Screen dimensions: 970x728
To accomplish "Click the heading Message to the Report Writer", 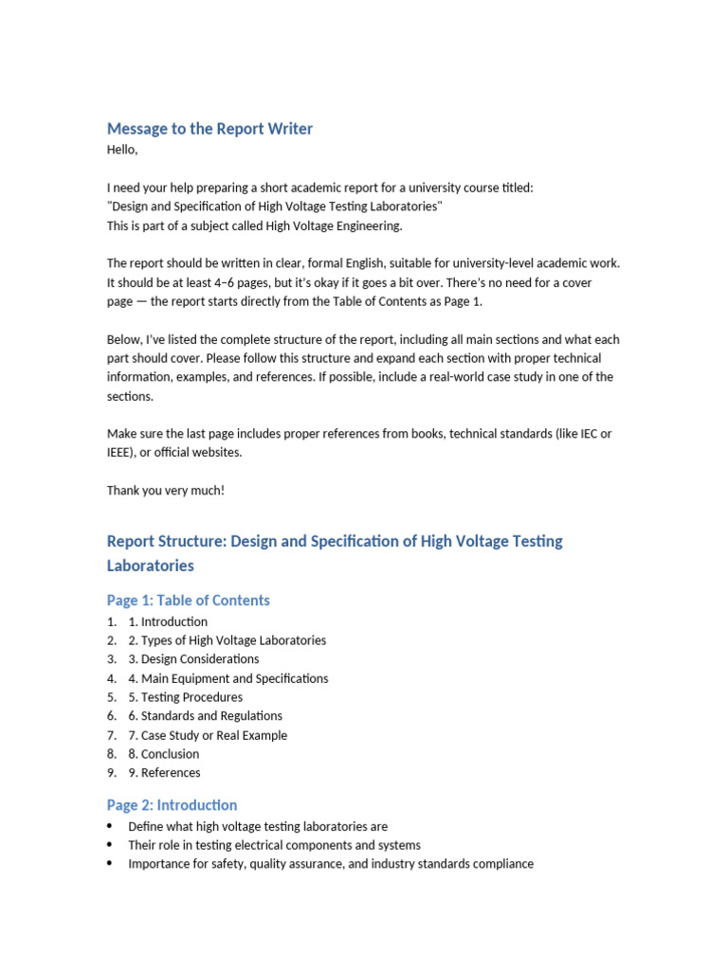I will pyautogui.click(x=209, y=129).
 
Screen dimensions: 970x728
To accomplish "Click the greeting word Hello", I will pyautogui.click(x=121, y=150).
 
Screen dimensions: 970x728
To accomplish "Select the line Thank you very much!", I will pyautogui.click(x=166, y=490).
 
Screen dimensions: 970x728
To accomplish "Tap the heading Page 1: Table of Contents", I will pyautogui.click(x=188, y=601).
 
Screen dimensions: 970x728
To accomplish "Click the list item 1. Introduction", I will pyautogui.click(x=168, y=621).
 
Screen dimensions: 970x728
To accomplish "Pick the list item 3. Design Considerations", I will pyautogui.click(x=193, y=659).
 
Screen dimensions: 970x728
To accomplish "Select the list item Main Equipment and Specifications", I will pyautogui.click(x=234, y=678).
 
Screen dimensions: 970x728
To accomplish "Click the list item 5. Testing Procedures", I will pyautogui.click(x=185, y=697).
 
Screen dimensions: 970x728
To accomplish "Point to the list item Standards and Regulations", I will pyautogui.click(x=211, y=716).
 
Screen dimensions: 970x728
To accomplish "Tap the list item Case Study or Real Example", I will pyautogui.click(x=214, y=735).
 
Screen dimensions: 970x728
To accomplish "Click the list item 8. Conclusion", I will pyautogui.click(x=163, y=754).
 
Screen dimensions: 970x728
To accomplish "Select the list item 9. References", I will pyautogui.click(x=164, y=773).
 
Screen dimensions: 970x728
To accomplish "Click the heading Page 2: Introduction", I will pyautogui.click(x=172, y=805).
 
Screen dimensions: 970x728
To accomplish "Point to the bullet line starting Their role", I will pyautogui.click(x=274, y=845).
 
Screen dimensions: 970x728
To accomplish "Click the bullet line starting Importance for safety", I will pyautogui.click(x=331, y=864).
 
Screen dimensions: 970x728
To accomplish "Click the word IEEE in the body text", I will pyautogui.click(x=119, y=453).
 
